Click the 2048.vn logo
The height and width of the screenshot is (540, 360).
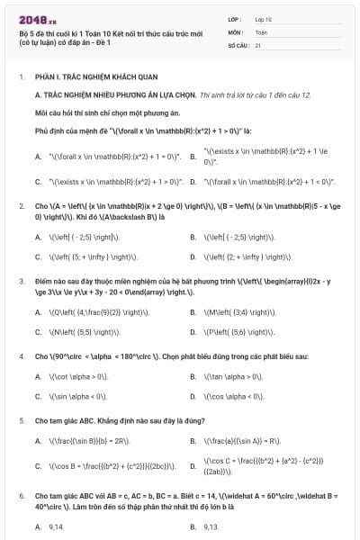coord(35,18)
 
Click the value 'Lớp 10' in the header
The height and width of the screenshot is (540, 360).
coord(263,18)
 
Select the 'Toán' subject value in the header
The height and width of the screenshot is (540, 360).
coord(261,31)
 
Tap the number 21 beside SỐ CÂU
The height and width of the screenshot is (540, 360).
coord(258,44)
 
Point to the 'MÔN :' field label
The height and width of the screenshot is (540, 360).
coord(236,31)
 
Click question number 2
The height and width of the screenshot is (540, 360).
coord(22,206)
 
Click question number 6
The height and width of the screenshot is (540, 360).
coord(22,496)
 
